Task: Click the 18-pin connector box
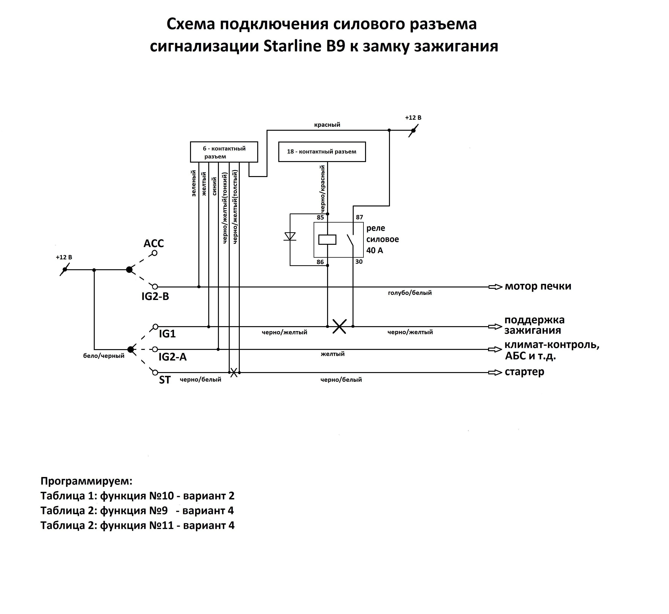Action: [x=322, y=152]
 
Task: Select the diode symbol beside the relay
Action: [x=290, y=236]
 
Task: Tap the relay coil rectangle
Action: [x=327, y=240]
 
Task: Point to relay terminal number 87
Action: [x=359, y=217]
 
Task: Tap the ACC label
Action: [x=154, y=244]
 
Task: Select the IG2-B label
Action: [x=155, y=296]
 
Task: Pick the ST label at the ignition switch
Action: [x=165, y=380]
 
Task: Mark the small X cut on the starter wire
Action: [x=234, y=372]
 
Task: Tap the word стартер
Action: [x=524, y=372]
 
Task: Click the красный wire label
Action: [x=327, y=125]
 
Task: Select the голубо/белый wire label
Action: [x=410, y=293]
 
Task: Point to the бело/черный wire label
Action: [x=104, y=356]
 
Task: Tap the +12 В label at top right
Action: [x=413, y=118]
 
